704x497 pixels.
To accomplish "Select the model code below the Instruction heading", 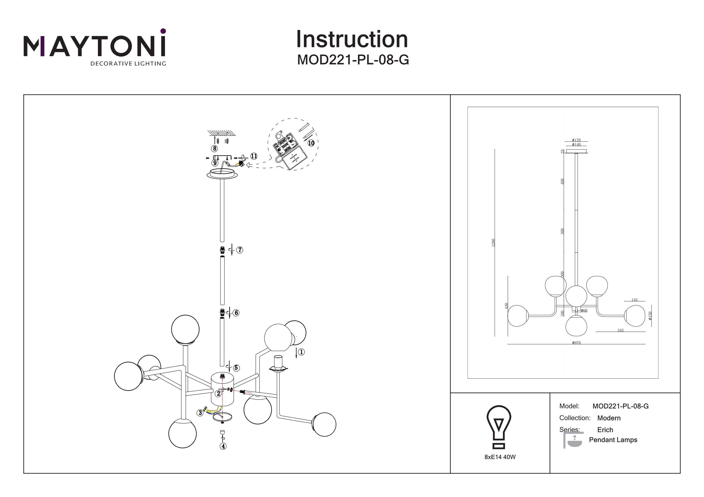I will (353, 60).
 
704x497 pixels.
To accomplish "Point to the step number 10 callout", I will (311, 143).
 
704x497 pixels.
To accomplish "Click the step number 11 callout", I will (254, 156).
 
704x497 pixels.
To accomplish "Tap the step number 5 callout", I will (236, 368).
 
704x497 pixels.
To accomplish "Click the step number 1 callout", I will (301, 352).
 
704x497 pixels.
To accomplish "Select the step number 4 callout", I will (223, 446).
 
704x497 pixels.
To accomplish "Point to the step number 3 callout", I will (200, 413).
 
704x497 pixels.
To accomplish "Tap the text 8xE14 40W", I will (500, 457).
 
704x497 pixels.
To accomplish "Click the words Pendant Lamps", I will (613, 440).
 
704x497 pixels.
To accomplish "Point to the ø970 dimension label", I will (576, 343).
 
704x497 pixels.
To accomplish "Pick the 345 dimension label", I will (620, 330).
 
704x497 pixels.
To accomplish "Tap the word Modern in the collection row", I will (609, 418).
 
